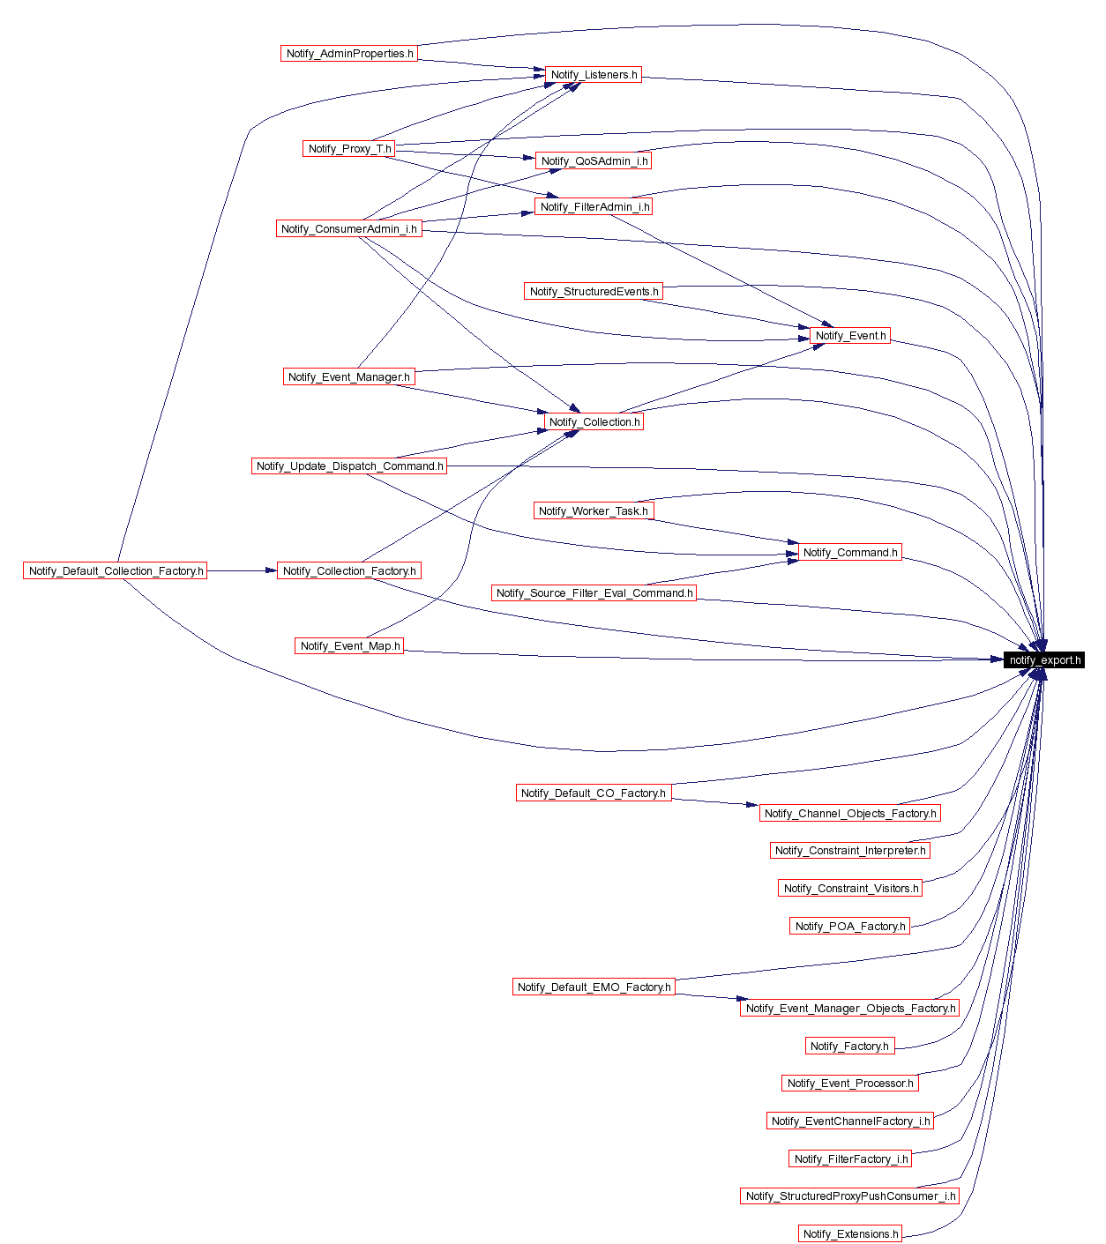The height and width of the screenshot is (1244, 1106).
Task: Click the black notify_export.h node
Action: click(1044, 659)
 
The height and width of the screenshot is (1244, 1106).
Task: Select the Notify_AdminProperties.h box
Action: click(349, 54)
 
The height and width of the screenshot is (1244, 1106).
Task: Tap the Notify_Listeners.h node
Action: click(594, 75)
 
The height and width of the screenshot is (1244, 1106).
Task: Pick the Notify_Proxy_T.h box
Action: click(349, 149)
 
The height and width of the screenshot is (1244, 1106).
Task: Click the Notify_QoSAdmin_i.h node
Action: click(594, 161)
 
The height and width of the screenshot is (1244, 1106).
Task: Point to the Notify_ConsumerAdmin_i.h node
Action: click(348, 229)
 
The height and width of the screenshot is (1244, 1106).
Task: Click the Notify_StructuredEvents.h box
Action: click(594, 292)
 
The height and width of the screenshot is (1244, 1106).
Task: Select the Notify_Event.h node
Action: click(850, 336)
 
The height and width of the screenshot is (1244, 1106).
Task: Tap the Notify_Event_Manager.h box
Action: click(348, 377)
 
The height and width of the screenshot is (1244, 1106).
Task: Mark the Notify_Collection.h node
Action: click(594, 422)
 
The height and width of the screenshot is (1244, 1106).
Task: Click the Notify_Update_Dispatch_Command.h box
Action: click(349, 466)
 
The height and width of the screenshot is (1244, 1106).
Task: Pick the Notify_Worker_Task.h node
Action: click(593, 511)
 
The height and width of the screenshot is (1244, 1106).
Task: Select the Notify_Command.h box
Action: click(850, 553)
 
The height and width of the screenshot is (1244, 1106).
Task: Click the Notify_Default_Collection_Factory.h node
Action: click(116, 571)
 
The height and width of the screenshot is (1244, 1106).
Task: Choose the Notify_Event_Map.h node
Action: click(349, 646)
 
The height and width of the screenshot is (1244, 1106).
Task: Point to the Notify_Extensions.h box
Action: click(850, 1234)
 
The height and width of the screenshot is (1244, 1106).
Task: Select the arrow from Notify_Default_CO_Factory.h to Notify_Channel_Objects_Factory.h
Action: click(714, 802)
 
